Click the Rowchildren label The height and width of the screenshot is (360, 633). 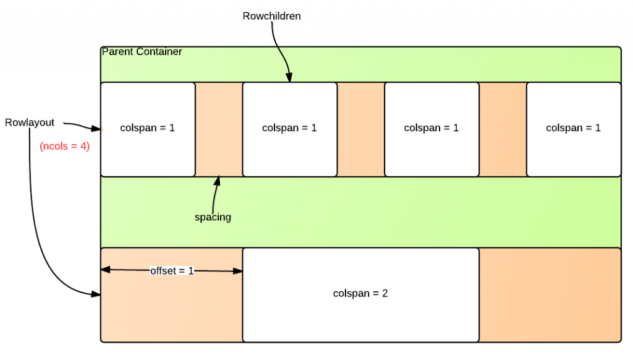tap(271, 16)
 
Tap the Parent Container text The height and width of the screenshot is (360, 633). tap(142, 52)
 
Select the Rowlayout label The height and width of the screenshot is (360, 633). tap(30, 122)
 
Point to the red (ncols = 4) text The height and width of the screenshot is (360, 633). tap(65, 147)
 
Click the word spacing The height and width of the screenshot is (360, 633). tap(212, 217)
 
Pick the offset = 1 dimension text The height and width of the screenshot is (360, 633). tap(172, 271)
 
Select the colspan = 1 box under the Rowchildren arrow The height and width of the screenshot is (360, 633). tap(289, 129)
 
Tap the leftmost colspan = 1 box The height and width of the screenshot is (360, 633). tap(148, 129)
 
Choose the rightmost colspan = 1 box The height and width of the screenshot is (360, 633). tap(573, 129)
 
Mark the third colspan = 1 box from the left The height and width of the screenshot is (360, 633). tap(431, 129)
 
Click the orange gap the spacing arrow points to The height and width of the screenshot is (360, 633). tap(219, 129)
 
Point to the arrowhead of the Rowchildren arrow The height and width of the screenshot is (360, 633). tap(289, 79)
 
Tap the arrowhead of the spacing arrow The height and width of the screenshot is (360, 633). tap(218, 180)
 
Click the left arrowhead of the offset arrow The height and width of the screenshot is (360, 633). tap(104, 270)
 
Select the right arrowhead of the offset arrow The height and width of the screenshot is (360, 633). tap(239, 270)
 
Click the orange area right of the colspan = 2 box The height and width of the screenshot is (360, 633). tap(550, 294)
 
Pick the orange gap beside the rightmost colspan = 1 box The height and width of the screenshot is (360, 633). tap(503, 129)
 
